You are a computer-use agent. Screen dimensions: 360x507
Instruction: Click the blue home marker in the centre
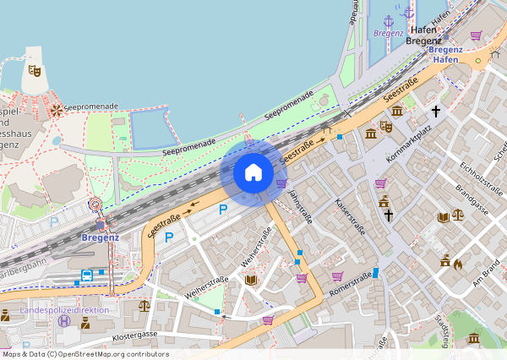(x=253, y=173)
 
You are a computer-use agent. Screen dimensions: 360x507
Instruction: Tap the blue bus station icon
(x=86, y=276)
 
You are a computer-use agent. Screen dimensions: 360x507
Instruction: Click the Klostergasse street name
(x=135, y=335)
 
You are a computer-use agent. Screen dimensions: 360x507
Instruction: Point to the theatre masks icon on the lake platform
(x=34, y=71)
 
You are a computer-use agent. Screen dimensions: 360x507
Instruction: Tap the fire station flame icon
(x=458, y=264)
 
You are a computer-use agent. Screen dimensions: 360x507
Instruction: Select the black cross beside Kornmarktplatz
(x=436, y=111)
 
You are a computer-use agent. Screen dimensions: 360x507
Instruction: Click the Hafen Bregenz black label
(x=423, y=35)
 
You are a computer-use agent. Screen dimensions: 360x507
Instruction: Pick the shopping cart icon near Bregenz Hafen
(x=477, y=35)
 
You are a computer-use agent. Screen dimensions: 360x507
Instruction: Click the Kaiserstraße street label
(x=351, y=217)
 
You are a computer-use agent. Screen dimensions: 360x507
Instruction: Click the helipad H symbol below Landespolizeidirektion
(x=26, y=345)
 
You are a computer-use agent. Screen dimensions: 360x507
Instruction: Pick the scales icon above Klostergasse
(x=144, y=305)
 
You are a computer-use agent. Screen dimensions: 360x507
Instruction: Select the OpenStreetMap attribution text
(x=84, y=354)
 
